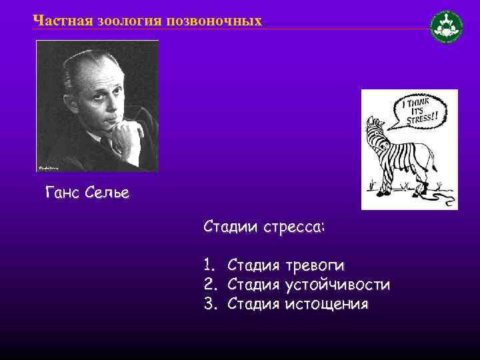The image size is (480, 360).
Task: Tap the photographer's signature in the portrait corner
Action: [47, 167]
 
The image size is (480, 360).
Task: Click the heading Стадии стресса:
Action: [265, 227]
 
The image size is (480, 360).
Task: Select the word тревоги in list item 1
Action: [315, 265]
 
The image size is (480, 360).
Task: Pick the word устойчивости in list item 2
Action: [337, 285]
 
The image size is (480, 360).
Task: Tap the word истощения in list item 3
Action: [326, 304]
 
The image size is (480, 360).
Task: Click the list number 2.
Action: [209, 285]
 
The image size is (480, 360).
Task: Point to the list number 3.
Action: [209, 304]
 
